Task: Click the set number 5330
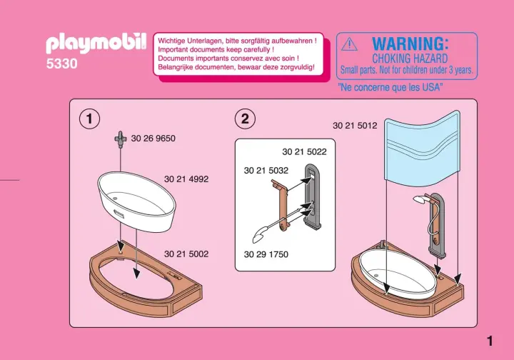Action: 62,64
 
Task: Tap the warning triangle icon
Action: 349,44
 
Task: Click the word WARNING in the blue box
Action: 410,44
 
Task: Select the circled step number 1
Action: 89,119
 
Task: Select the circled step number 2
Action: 245,119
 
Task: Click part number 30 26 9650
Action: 153,139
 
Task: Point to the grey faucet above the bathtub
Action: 121,139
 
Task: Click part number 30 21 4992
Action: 186,179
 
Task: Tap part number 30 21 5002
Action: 186,254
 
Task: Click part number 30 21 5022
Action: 305,152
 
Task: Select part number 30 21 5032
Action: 266,171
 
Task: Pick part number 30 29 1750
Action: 266,254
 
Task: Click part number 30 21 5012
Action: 355,126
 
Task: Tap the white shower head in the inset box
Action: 260,235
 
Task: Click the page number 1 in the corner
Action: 490,341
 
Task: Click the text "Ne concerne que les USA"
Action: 390,87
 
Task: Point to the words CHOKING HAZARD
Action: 410,59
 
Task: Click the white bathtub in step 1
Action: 136,202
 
